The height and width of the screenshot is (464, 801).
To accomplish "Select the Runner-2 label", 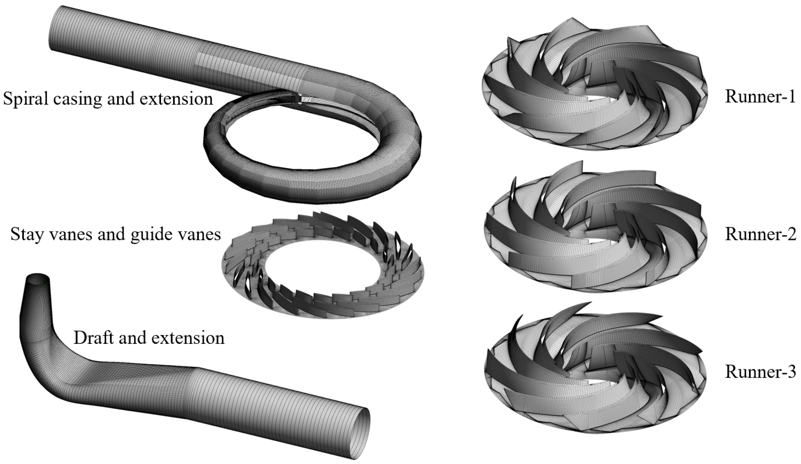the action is tap(760, 234).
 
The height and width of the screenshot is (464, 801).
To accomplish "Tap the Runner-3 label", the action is tap(760, 372).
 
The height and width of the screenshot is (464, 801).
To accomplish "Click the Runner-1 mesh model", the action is tap(595, 83).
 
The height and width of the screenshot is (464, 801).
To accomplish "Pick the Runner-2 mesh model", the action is tap(595, 227).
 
